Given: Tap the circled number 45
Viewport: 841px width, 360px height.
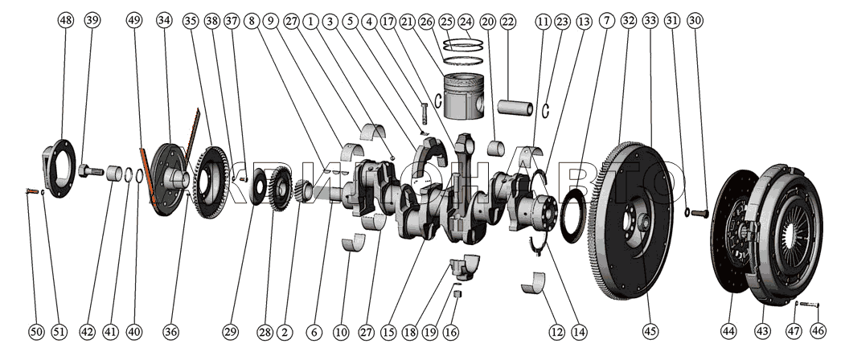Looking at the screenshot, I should pyautogui.click(x=650, y=331).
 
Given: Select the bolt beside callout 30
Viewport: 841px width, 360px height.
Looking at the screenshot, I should pyautogui.click(x=699, y=212).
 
